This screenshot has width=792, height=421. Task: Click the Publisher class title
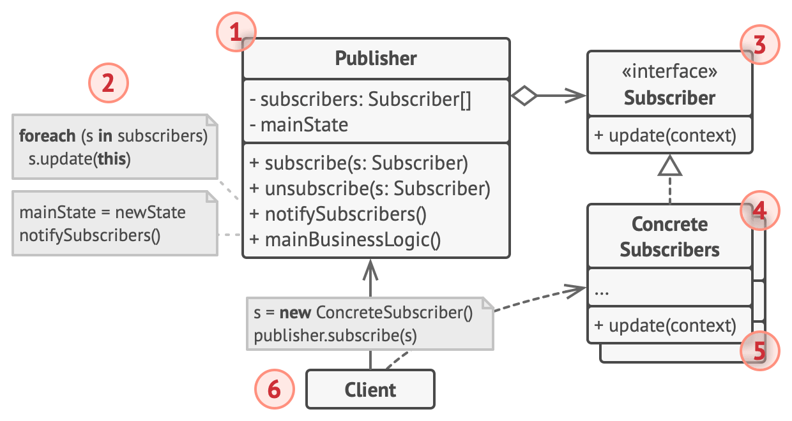pyautogui.click(x=376, y=58)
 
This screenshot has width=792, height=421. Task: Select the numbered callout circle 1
pyautogui.click(x=236, y=32)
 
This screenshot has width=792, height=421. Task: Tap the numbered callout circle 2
pyautogui.click(x=108, y=83)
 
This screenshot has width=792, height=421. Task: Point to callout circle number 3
pyautogui.click(x=760, y=45)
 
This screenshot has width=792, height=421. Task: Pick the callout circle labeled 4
pyautogui.click(x=760, y=211)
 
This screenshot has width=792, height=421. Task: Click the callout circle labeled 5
pyautogui.click(x=760, y=351)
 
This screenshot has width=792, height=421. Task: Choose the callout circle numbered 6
pyautogui.click(x=275, y=389)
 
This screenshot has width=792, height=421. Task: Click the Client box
pyautogui.click(x=370, y=389)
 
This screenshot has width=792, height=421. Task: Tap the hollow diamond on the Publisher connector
pyautogui.click(x=524, y=95)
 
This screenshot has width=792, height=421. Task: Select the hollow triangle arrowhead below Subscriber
pyautogui.click(x=670, y=166)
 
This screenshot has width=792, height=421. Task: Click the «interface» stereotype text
pyautogui.click(x=669, y=71)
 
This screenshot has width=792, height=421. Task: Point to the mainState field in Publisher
pyautogui.click(x=299, y=124)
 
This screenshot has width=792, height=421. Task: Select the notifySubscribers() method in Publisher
pyautogui.click(x=338, y=214)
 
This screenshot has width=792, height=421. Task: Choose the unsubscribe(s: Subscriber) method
pyautogui.click(x=370, y=189)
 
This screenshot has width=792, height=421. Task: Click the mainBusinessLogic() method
pyautogui.click(x=345, y=240)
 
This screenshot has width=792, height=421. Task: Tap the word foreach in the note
pyautogui.click(x=47, y=136)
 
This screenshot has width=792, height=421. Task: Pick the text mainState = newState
pyautogui.click(x=103, y=212)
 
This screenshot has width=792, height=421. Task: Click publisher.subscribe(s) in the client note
pyautogui.click(x=335, y=336)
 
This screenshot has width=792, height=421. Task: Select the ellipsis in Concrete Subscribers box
pyautogui.click(x=602, y=293)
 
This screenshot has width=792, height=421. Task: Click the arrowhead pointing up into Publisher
pyautogui.click(x=370, y=270)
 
